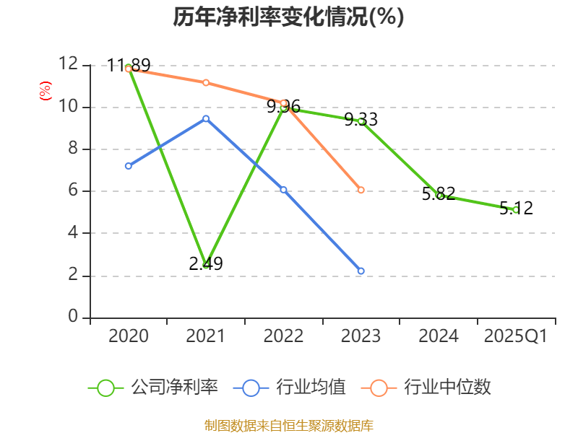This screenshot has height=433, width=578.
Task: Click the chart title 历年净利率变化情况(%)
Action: (x=288, y=17)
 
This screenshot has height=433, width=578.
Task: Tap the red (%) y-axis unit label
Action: (x=46, y=91)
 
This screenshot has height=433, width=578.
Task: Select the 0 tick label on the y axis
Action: (x=73, y=317)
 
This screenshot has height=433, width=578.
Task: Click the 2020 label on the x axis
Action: (x=129, y=336)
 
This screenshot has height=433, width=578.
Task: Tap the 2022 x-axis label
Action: (x=283, y=336)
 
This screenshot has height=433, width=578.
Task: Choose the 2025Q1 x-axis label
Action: (x=516, y=336)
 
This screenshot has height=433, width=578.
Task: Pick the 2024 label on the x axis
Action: (x=439, y=336)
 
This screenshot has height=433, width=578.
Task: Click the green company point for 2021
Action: (x=206, y=265)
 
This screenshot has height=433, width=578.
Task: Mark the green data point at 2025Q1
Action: (x=516, y=210)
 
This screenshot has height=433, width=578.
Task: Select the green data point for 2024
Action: (x=439, y=196)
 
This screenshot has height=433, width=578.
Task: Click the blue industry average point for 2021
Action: (x=206, y=118)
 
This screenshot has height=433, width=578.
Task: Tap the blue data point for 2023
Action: (x=361, y=271)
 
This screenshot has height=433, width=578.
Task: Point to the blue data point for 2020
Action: (x=129, y=166)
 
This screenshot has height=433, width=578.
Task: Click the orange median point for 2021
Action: (x=206, y=82)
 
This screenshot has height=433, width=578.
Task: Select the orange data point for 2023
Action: (x=361, y=190)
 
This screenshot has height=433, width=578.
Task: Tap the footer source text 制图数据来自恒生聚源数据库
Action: (x=289, y=425)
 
